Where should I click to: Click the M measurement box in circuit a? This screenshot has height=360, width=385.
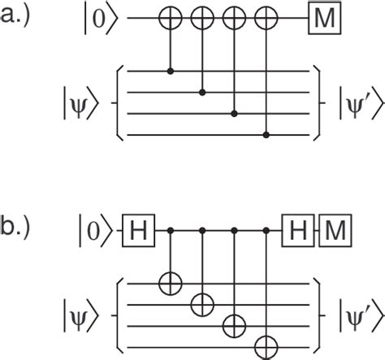pyautogui.click(x=325, y=18)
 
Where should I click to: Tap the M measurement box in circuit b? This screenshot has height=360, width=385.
pyautogui.click(x=335, y=231)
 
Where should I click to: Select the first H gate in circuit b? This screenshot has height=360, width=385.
pyautogui.click(x=139, y=231)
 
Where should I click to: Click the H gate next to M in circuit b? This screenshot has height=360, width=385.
pyautogui.click(x=298, y=231)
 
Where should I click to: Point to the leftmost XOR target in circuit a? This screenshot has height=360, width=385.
pyautogui.click(x=171, y=18)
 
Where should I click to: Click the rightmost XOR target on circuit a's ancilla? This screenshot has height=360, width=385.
pyautogui.click(x=266, y=18)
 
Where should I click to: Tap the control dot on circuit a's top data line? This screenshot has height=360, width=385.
pyautogui.click(x=171, y=72)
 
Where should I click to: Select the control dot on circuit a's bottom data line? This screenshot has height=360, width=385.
pyautogui.click(x=266, y=135)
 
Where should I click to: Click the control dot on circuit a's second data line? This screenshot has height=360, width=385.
pyautogui.click(x=202, y=93)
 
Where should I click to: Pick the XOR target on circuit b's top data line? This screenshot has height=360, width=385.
pyautogui.click(x=171, y=284)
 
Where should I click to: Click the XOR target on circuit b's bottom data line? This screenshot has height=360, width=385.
pyautogui.click(x=266, y=348)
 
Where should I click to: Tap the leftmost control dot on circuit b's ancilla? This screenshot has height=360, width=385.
pyautogui.click(x=171, y=231)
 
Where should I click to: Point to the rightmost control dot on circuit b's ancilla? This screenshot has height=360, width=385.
pyautogui.click(x=266, y=231)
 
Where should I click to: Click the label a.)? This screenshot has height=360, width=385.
pyautogui.click(x=15, y=15)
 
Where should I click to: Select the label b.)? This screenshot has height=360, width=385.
pyautogui.click(x=15, y=226)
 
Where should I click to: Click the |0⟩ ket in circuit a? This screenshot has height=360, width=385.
pyautogui.click(x=102, y=19)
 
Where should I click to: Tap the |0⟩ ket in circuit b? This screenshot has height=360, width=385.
pyautogui.click(x=96, y=231)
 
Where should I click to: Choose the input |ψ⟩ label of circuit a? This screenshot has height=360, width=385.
pyautogui.click(x=80, y=103)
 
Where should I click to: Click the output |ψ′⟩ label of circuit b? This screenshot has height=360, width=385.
pyautogui.click(x=361, y=315)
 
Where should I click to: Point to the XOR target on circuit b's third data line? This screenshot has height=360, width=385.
pyautogui.click(x=235, y=326)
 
